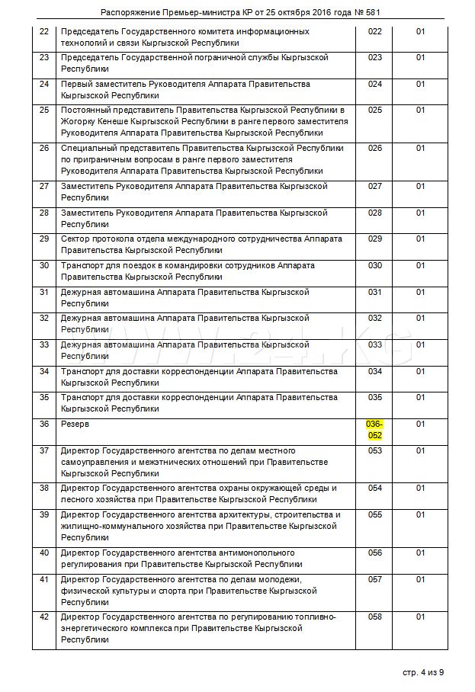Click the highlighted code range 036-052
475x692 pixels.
pyautogui.click(x=374, y=429)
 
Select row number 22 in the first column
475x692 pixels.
pyautogui.click(x=43, y=31)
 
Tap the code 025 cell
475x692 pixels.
pyautogui.click(x=374, y=110)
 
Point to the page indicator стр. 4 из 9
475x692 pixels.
pyautogui.click(x=422, y=672)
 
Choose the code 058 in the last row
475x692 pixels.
pyautogui.click(x=374, y=617)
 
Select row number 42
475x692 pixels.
pyautogui.click(x=43, y=617)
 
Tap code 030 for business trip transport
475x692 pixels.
pyautogui.click(x=374, y=265)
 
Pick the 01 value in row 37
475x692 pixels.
pyautogui.click(x=420, y=450)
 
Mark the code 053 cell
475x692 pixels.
pyautogui.click(x=374, y=450)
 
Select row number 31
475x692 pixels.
pyautogui.click(x=43, y=292)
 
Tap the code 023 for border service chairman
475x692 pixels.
pyautogui.click(x=374, y=57)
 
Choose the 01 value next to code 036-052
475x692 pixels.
pyautogui.click(x=420, y=424)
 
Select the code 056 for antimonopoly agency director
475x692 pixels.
pyautogui.click(x=374, y=553)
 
